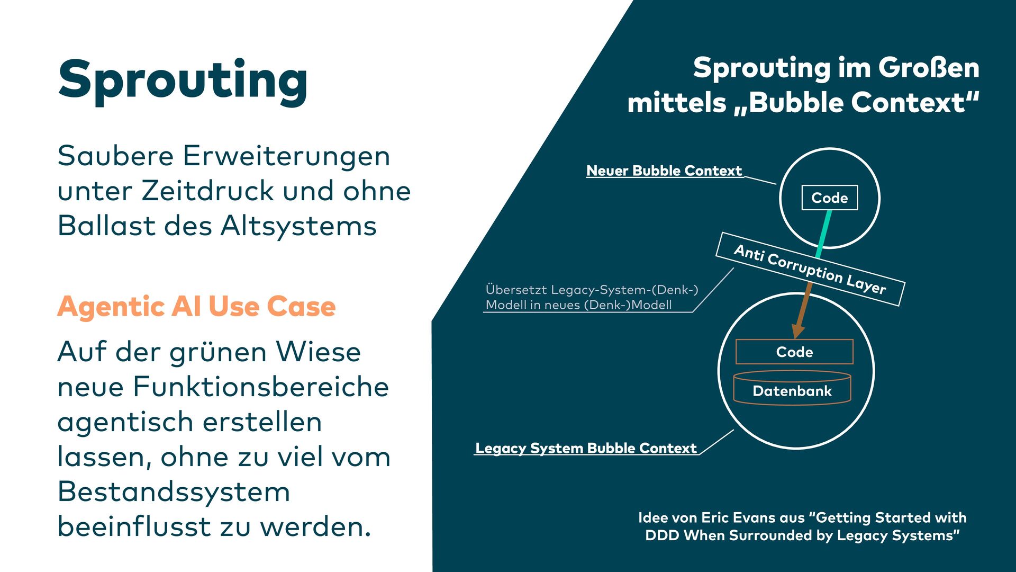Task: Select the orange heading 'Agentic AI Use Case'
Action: pyautogui.click(x=196, y=306)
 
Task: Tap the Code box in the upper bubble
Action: pyautogui.click(x=829, y=198)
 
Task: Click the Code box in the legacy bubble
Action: pyautogui.click(x=794, y=352)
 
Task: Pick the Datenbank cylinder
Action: pyautogui.click(x=792, y=390)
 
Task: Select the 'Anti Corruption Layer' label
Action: pyautogui.click(x=810, y=269)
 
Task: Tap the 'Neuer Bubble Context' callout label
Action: pyautogui.click(x=664, y=171)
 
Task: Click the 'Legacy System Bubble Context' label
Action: pyautogui.click(x=586, y=448)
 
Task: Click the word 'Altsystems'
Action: pyautogui.click(x=298, y=226)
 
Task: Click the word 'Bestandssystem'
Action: pyautogui.click(x=174, y=491)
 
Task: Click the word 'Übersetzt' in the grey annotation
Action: pyautogui.click(x=515, y=290)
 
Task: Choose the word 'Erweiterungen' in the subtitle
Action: pyautogui.click(x=286, y=156)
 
